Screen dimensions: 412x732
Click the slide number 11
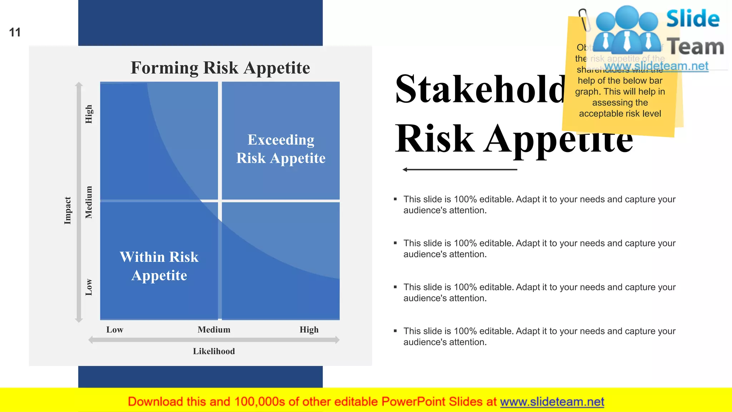pyautogui.click(x=15, y=33)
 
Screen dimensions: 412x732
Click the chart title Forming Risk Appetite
pyautogui.click(x=220, y=68)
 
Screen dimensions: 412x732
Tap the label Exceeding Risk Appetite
pyautogui.click(x=281, y=149)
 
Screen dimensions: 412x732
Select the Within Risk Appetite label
pyautogui.click(x=159, y=266)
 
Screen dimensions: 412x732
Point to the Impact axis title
pyautogui.click(x=68, y=210)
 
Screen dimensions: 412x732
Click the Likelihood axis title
pyautogui.click(x=214, y=351)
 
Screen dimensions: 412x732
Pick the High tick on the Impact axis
pyautogui.click(x=89, y=114)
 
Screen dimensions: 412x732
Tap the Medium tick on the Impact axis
pyautogui.click(x=89, y=202)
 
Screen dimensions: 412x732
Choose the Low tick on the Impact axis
pyautogui.click(x=89, y=287)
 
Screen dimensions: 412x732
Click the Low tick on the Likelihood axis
pyautogui.click(x=115, y=330)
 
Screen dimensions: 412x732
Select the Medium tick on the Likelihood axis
pyautogui.click(x=214, y=330)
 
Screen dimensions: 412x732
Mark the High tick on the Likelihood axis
pyautogui.click(x=309, y=330)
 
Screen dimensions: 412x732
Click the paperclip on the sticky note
pyautogui.click(x=584, y=20)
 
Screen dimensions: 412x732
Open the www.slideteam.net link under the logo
pyautogui.click(x=656, y=66)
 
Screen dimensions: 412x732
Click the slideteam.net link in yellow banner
pyautogui.click(x=552, y=402)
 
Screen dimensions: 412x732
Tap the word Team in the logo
pyautogui.click(x=696, y=47)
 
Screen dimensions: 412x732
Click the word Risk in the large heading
pyautogui.click(x=435, y=138)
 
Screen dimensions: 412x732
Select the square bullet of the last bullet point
pyautogui.click(x=395, y=331)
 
